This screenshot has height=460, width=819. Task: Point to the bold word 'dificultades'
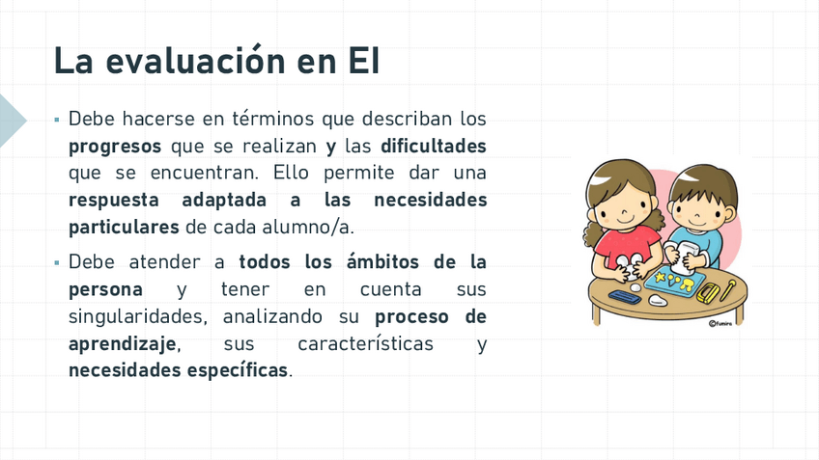[x=434, y=146]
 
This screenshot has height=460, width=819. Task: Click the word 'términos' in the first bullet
[x=273, y=119]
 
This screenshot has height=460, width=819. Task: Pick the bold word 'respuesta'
[x=114, y=201]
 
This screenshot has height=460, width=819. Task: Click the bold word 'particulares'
[x=124, y=228]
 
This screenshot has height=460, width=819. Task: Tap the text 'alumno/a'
[x=308, y=228]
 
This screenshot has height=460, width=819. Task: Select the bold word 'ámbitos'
[x=382, y=261]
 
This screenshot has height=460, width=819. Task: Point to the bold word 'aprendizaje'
[x=123, y=344]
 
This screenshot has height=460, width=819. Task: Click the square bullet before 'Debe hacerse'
[x=57, y=120]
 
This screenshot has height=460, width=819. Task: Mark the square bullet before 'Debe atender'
[x=57, y=263]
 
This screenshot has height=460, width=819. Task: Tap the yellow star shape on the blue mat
[x=661, y=277]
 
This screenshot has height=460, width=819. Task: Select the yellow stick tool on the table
[x=727, y=289]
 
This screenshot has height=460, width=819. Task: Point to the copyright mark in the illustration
[x=712, y=324]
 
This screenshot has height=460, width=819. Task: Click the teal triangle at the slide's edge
[x=11, y=121]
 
